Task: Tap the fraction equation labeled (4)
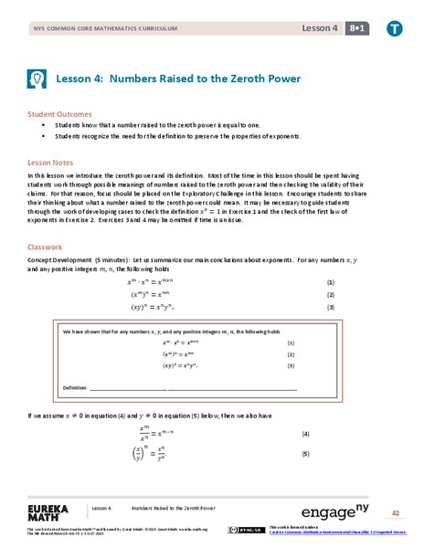pyautogui.click(x=165, y=432)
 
